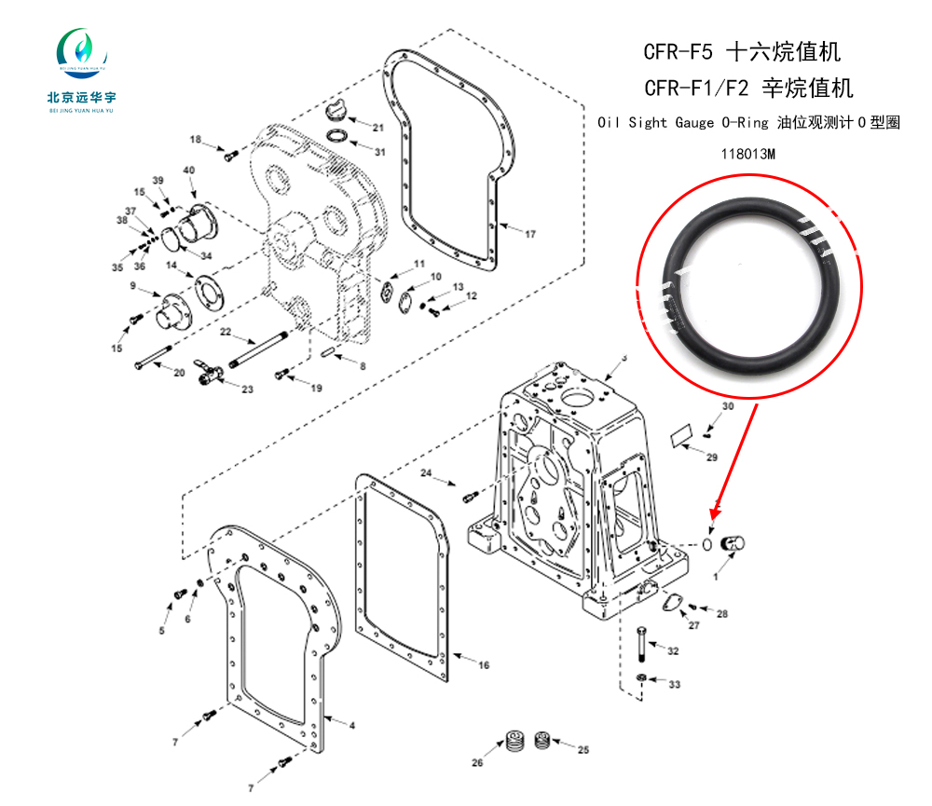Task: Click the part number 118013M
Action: pos(748,154)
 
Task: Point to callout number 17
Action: pos(529,234)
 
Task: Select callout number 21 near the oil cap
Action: pos(377,128)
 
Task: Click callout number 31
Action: pos(379,151)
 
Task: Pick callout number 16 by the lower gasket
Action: pos(483,665)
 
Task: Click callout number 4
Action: pos(351,723)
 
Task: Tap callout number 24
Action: pos(427,474)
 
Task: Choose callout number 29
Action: pos(712,458)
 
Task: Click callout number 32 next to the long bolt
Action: pos(673,650)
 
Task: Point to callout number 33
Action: pos(674,685)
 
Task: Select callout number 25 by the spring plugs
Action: pos(583,749)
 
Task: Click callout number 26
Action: pos(477,764)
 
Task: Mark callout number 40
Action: pos(188,171)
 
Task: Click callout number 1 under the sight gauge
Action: pos(716,578)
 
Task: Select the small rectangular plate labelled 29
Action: pos(683,435)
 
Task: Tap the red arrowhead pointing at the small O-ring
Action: pos(715,513)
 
